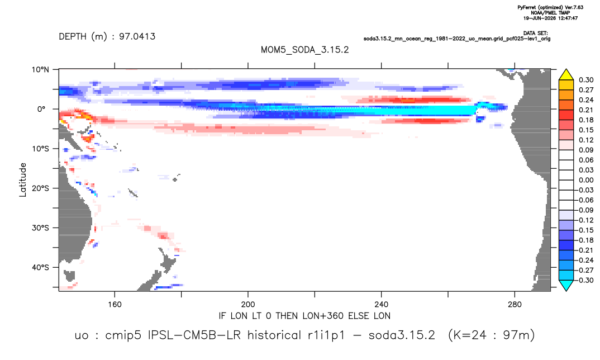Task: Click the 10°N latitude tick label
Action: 40,70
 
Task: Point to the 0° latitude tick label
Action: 41,109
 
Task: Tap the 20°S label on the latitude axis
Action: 40,188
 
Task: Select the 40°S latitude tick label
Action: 40,267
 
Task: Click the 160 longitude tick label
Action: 115,305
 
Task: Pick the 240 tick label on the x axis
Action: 382,305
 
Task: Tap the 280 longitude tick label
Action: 515,305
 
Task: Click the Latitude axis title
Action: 23,180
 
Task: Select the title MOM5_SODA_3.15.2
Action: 304,50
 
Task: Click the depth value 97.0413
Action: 137,37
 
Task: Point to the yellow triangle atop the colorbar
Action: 566,74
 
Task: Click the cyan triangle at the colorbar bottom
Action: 566,286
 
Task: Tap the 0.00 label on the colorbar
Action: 586,181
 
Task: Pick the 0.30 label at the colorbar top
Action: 586,80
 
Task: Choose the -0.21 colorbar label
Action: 584,250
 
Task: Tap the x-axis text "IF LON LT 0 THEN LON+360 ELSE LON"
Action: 304,316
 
